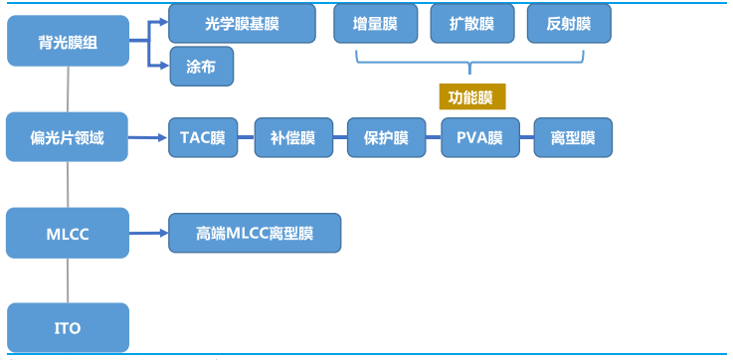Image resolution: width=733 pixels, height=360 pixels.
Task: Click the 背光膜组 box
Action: point(68,43)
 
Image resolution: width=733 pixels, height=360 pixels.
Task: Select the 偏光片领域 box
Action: point(68,138)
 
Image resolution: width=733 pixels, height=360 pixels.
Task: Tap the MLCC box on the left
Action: point(68,233)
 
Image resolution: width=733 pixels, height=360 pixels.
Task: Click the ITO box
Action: point(68,327)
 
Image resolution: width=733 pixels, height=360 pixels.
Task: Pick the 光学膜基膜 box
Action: point(242,22)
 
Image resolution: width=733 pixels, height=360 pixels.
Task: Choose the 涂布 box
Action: point(202,66)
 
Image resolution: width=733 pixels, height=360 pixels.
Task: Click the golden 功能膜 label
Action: point(471,96)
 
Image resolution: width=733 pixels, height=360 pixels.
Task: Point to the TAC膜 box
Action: point(203,137)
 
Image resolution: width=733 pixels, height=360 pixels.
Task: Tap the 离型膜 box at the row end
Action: point(572,137)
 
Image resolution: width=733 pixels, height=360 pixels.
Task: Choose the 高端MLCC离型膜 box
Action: point(255,233)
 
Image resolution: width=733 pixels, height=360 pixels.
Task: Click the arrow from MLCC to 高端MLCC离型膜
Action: point(148,233)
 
